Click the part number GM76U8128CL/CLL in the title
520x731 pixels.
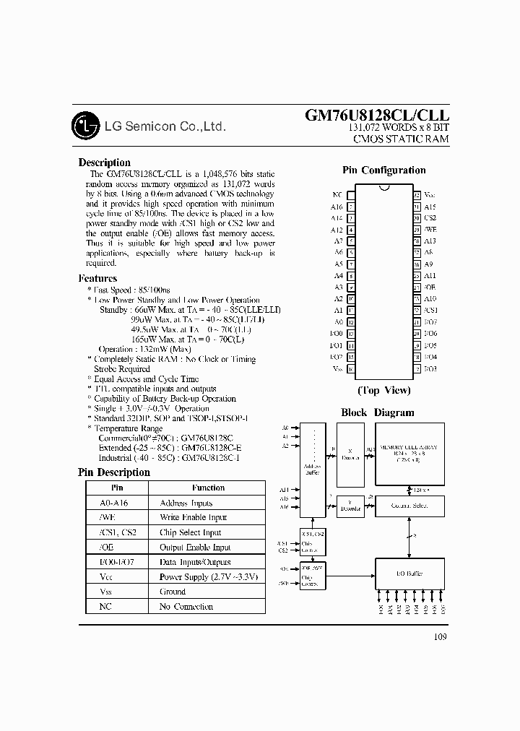tap(377, 116)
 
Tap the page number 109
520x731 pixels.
tap(441, 636)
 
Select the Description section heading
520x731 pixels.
tap(105, 163)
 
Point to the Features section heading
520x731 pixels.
tap(97, 278)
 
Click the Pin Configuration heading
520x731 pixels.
tap(383, 170)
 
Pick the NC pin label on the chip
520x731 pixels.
tap(337, 195)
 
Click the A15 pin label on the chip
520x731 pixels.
tap(430, 207)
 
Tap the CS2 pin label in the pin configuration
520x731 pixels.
tap(430, 218)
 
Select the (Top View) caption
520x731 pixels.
tap(383, 390)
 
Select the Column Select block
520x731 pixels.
tap(409, 506)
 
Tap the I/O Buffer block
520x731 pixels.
tap(409, 573)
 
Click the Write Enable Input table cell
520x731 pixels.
tap(193, 517)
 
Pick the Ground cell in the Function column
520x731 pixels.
tap(173, 592)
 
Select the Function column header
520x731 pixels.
tap(208, 488)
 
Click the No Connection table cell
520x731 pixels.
tap(186, 607)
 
